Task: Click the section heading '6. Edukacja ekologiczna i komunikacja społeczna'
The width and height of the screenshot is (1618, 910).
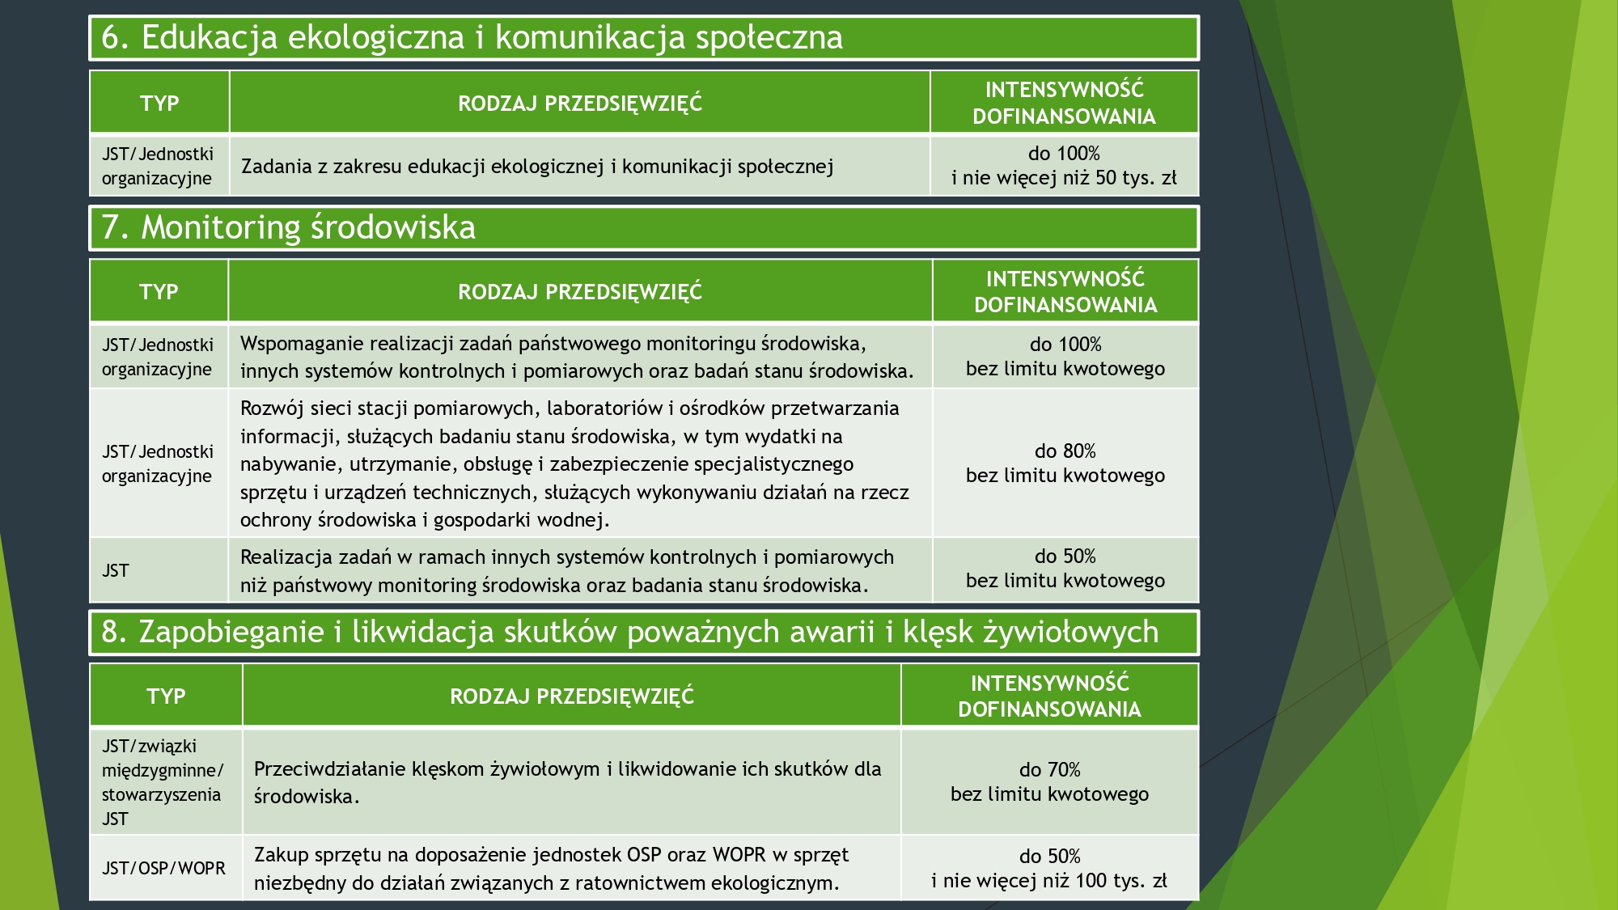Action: pos(472,37)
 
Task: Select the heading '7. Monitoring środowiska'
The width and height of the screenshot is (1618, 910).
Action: pos(288,227)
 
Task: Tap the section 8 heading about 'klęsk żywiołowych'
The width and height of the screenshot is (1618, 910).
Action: pos(630,632)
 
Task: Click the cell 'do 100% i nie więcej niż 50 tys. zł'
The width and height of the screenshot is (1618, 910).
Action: pos(1064,166)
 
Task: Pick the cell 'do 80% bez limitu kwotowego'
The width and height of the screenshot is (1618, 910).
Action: pos(1065,463)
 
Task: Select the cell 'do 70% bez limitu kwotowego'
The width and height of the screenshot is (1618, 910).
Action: pos(1049,781)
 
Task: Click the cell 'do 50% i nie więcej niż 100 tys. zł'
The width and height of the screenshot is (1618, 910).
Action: pos(1049,868)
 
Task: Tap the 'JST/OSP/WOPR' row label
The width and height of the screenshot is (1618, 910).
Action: pos(163,868)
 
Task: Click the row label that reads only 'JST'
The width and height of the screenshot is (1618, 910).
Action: pos(115,570)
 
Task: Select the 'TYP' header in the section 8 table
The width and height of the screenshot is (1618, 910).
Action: pos(166,696)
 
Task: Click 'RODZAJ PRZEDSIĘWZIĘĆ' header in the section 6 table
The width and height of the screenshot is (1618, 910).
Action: pos(580,104)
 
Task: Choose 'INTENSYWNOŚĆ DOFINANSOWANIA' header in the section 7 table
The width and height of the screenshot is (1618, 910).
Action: pos(1065,292)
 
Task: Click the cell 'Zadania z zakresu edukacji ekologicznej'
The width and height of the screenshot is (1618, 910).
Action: pos(537,167)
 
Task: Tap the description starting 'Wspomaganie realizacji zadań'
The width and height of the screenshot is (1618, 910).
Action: pos(577,357)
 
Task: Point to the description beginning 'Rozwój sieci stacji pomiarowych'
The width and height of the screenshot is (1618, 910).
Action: pos(574,463)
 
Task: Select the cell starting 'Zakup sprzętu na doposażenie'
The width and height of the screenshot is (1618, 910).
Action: pos(551,869)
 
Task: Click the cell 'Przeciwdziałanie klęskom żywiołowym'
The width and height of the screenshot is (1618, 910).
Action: pos(567,782)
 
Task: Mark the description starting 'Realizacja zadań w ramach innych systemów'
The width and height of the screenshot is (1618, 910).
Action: pos(566,571)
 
